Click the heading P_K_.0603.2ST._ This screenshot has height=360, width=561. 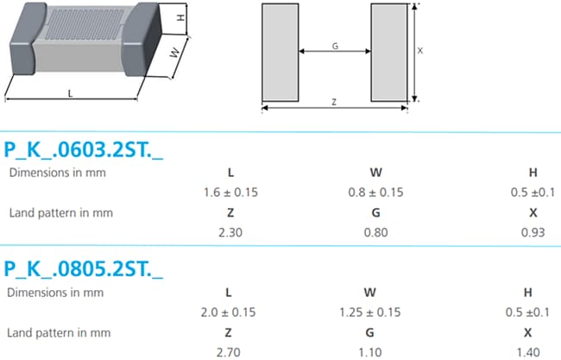[x=84, y=148]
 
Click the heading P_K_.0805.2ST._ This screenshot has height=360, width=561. [x=84, y=269]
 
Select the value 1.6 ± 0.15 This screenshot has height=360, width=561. [x=230, y=192]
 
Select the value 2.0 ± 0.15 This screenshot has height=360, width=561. [x=230, y=312]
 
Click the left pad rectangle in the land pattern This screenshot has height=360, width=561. [x=280, y=52]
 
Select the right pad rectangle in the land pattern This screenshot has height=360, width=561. [x=389, y=52]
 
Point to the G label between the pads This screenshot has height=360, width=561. [x=334, y=46]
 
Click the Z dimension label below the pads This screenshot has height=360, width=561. [x=334, y=102]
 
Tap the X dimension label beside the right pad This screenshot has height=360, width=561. [x=420, y=51]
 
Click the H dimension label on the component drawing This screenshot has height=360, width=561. [x=180, y=18]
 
